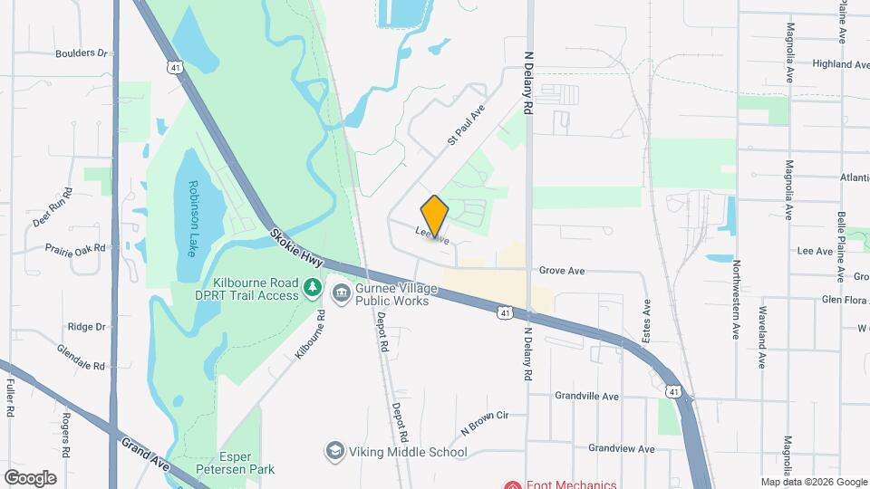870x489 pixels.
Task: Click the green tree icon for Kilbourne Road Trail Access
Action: (x=313, y=288)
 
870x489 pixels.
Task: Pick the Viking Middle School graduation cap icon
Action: (x=335, y=451)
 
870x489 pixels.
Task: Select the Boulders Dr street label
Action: (x=82, y=53)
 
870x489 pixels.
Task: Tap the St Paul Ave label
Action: (x=467, y=124)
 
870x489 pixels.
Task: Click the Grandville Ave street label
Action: (x=586, y=397)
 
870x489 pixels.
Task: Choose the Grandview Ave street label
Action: (x=621, y=448)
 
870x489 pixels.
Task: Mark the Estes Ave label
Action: (x=647, y=321)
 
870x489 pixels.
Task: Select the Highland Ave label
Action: (x=841, y=65)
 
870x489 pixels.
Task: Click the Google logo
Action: (x=30, y=478)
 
